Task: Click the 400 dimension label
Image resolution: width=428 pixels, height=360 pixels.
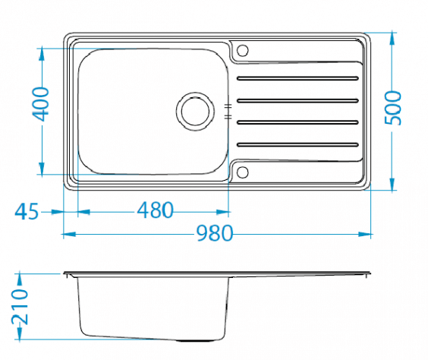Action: [40, 104]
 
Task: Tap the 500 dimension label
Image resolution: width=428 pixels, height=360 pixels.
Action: [393, 108]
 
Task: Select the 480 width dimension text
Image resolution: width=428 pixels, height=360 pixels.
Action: [155, 210]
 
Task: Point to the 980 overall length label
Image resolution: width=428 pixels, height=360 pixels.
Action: [215, 233]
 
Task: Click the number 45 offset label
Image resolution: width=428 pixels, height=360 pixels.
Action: [27, 211]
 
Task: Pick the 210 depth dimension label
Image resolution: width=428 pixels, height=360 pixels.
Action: [20, 307]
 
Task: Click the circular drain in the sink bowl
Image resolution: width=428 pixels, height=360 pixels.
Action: [195, 112]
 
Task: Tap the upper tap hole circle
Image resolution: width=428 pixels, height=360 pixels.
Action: [242, 51]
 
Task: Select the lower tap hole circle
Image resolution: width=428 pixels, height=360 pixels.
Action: [242, 172]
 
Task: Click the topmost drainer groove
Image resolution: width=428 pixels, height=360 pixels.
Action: [297, 78]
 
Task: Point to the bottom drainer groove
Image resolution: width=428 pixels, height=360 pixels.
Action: [297, 144]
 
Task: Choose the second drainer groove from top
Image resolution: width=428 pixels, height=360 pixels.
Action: [297, 101]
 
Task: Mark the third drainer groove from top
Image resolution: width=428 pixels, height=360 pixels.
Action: [297, 122]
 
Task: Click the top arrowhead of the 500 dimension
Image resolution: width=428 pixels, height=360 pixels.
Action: [392, 39]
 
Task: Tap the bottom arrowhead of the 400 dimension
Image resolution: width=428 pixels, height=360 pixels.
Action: [42, 169]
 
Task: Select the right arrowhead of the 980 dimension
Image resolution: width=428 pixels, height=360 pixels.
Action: [364, 234]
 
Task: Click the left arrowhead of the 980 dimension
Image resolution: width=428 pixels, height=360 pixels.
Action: [70, 234]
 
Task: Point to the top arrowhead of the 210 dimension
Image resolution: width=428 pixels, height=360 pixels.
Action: [20, 279]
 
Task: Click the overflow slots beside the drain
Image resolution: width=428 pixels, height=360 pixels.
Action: [228, 112]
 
